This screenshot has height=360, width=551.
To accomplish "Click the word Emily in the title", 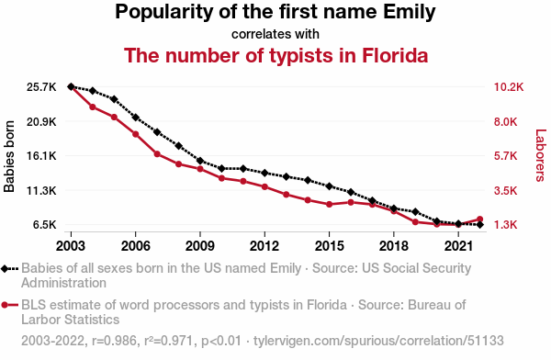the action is click(409, 12).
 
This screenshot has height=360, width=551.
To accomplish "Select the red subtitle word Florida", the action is click(395, 55).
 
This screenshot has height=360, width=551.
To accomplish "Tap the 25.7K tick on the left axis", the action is click(41, 87).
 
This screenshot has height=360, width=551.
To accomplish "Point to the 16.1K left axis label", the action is click(41, 156).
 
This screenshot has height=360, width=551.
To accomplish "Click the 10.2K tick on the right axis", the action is click(509, 87).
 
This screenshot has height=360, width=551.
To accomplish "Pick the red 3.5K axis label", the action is click(506, 190).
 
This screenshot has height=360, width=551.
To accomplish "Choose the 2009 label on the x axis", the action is click(200, 246).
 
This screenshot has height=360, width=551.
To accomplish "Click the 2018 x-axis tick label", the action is click(394, 246).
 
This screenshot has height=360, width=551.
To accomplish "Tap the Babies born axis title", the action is click(9, 156).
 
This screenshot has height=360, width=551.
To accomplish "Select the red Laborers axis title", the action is click(541, 155).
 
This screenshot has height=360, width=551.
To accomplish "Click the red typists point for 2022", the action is click(479, 219).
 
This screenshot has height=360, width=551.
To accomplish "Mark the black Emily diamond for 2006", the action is click(136, 118).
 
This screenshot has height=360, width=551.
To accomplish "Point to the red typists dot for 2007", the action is click(157, 154).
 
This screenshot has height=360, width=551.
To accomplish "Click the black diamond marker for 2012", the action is click(264, 173).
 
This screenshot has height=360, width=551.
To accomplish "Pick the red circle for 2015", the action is click(330, 204).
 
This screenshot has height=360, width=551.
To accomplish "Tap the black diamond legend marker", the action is click(5, 269).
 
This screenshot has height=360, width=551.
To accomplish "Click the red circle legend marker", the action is click(5, 305).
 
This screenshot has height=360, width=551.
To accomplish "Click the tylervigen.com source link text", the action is click(378, 341).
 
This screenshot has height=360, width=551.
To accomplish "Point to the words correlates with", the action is click(275, 34).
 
